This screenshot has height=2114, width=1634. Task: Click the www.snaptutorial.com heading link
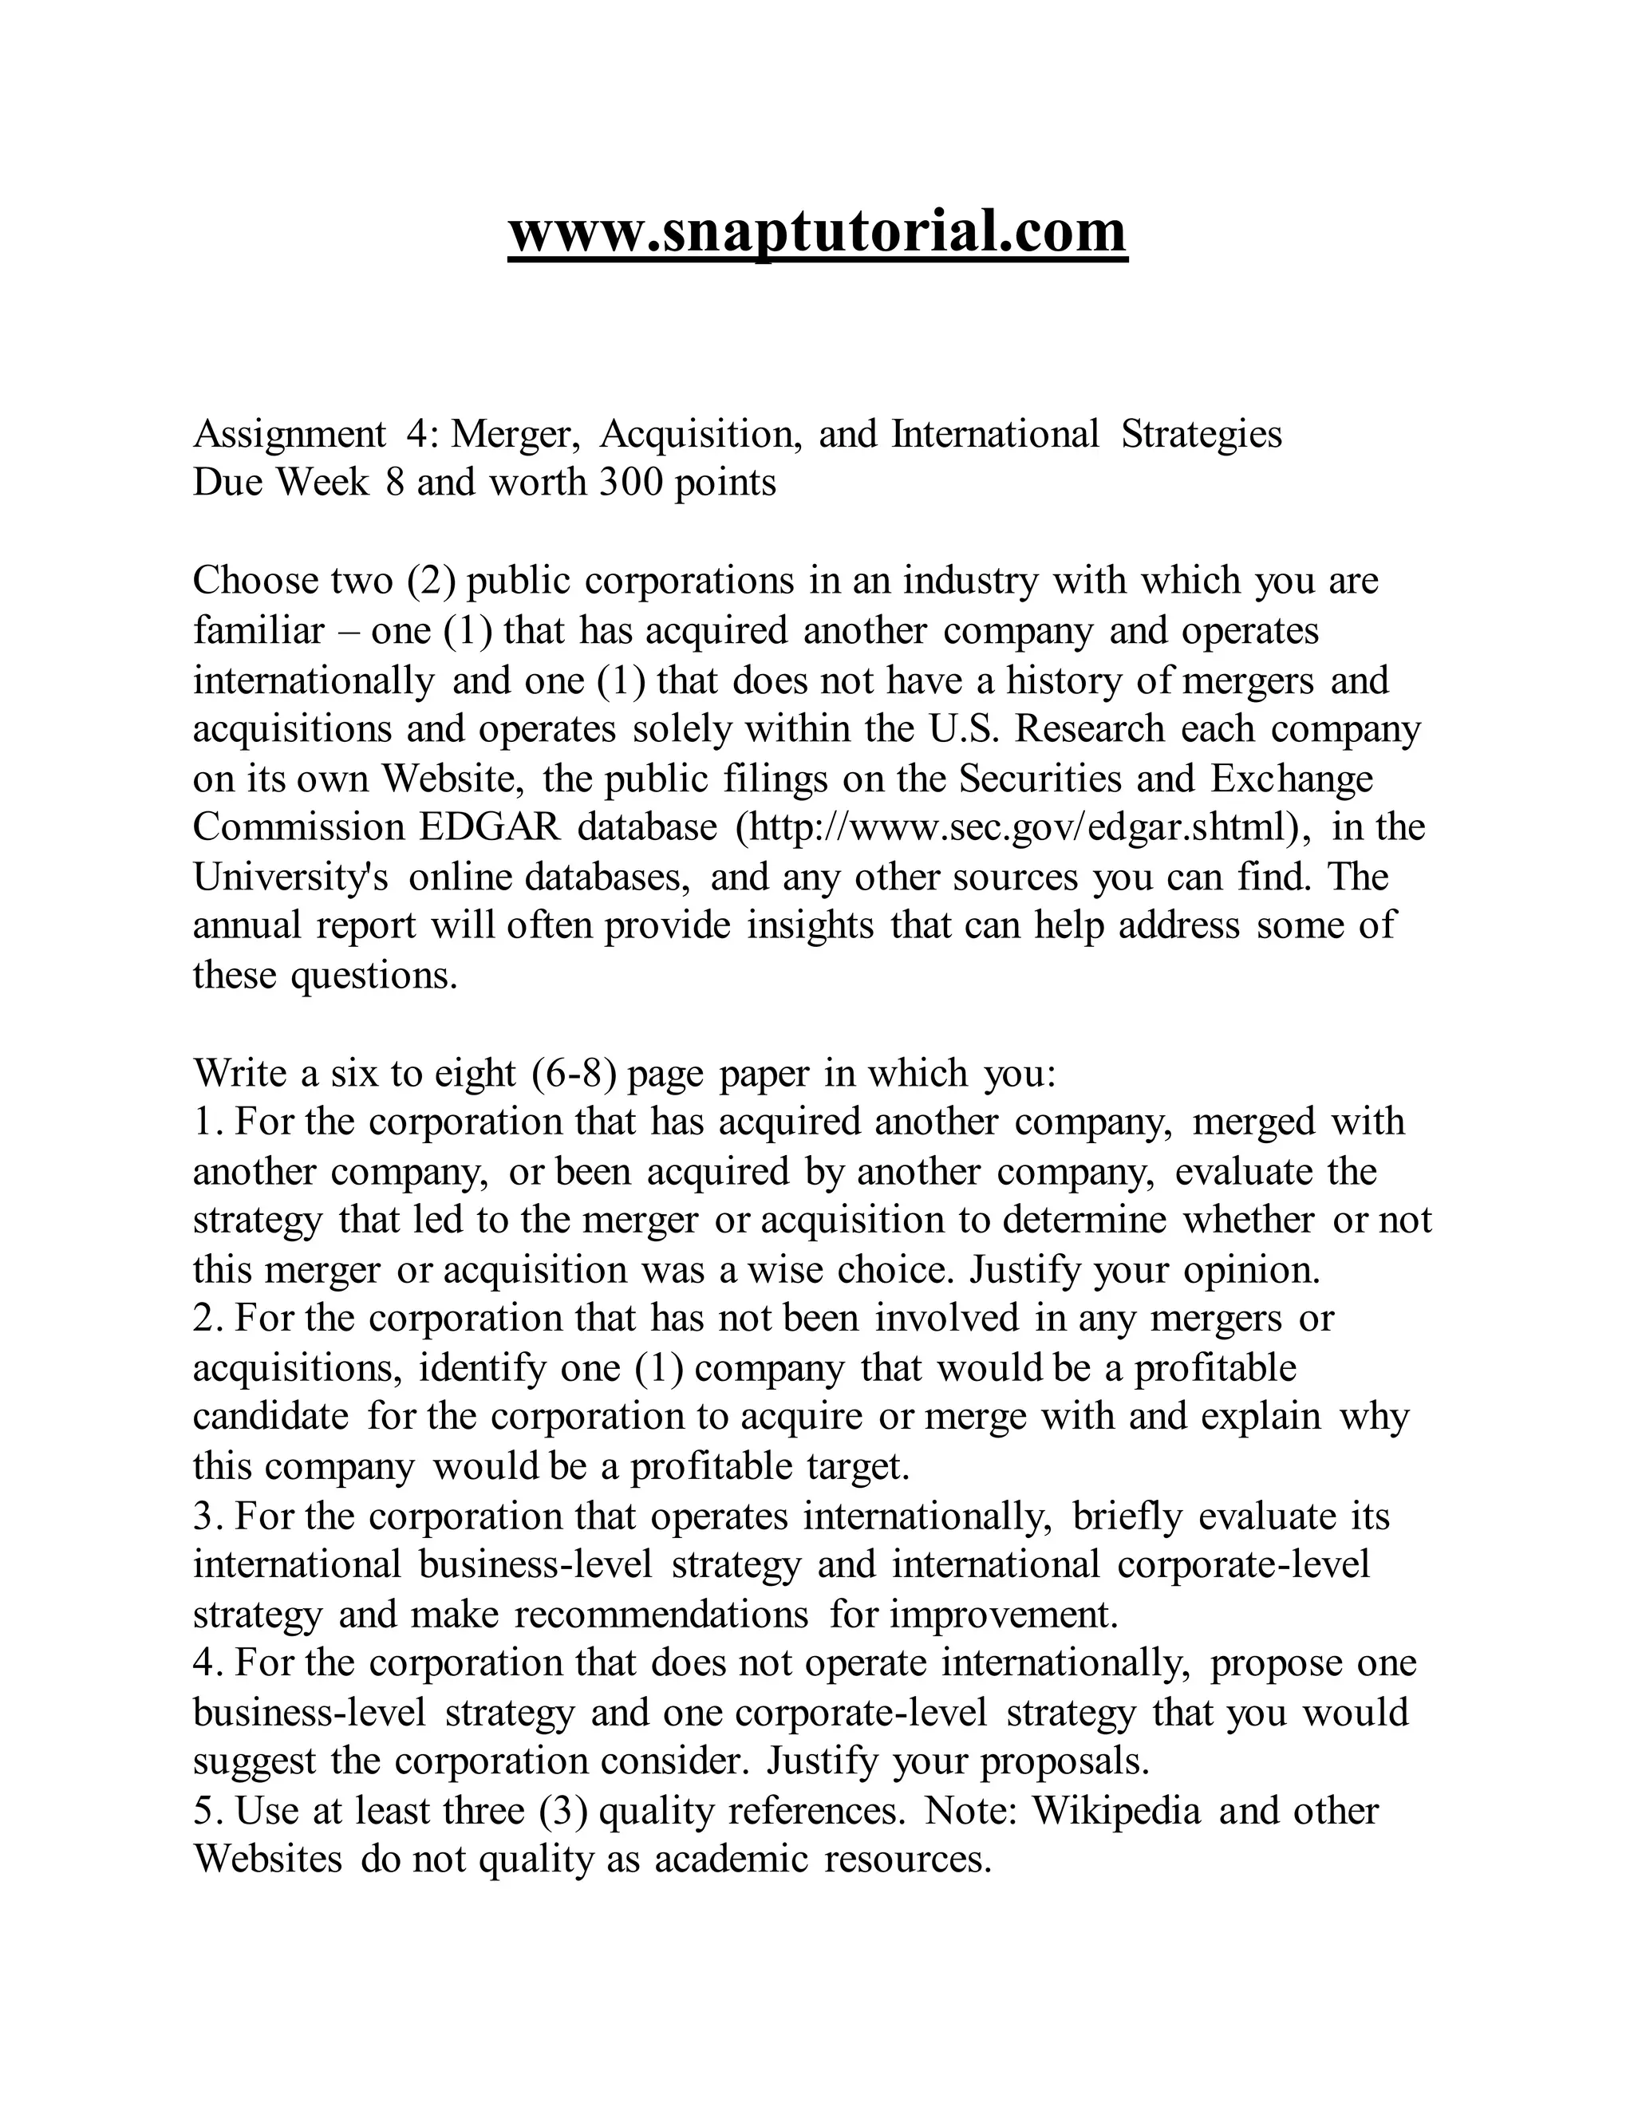pos(817,233)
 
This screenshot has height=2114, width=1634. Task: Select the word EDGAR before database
pos(489,826)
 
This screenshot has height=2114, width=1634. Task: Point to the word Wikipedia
pos(1116,1809)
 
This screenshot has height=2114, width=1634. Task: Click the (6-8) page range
pos(576,1072)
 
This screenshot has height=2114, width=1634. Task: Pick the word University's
pos(290,876)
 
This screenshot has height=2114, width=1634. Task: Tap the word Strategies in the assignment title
pos(1202,434)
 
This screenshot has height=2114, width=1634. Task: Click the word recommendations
pos(661,1614)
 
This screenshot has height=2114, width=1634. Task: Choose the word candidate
pos(271,1416)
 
